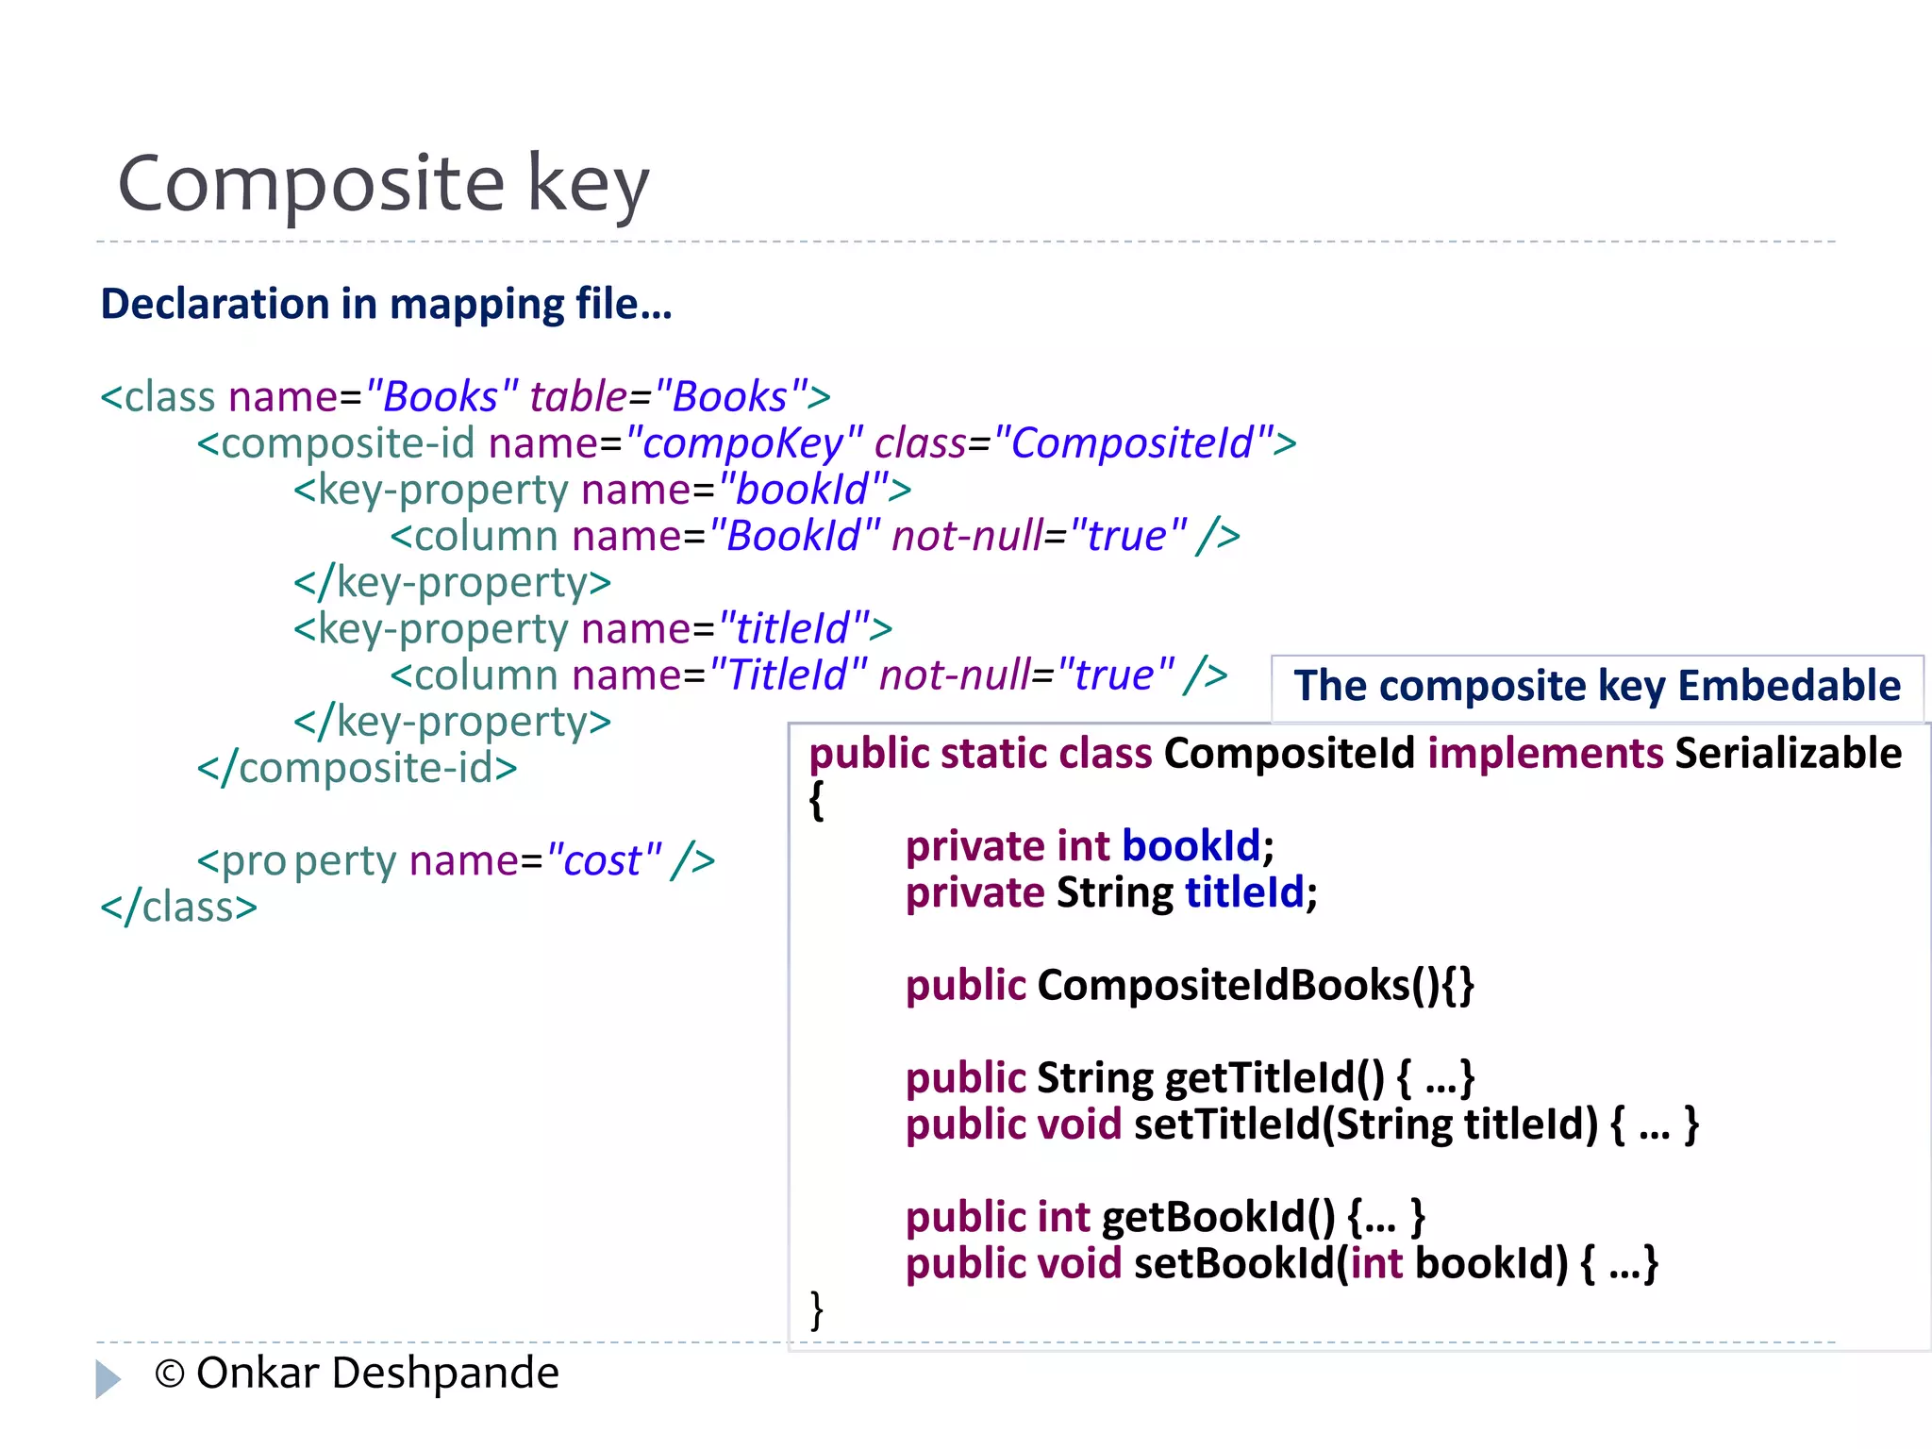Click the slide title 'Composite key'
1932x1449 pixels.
pyautogui.click(x=383, y=183)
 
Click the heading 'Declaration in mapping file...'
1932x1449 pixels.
pyautogui.click(x=386, y=304)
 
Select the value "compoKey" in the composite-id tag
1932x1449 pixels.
pyautogui.click(x=744, y=442)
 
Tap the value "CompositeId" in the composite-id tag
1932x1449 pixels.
pyautogui.click(x=1133, y=442)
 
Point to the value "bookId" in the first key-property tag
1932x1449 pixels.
pyautogui.click(x=803, y=489)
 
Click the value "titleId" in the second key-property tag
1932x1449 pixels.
pyautogui.click(x=793, y=628)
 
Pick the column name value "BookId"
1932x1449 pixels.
pyautogui.click(x=794, y=536)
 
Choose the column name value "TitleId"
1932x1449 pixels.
pyautogui.click(x=788, y=675)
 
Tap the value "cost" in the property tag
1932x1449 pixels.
pyautogui.click(x=603, y=860)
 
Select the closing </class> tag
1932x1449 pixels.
pyautogui.click(x=178, y=907)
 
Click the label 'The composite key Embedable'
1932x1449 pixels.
pyautogui.click(x=1596, y=686)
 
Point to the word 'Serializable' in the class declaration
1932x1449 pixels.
pyautogui.click(x=1788, y=754)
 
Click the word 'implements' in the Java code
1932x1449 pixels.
pyautogui.click(x=1545, y=754)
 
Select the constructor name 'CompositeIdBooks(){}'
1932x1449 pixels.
pyautogui.click(x=1255, y=985)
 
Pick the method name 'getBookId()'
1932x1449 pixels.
pyautogui.click(x=1218, y=1217)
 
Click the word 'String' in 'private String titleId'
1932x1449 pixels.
pyautogui.click(x=1114, y=892)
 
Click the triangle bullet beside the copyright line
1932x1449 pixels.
pyautogui.click(x=108, y=1378)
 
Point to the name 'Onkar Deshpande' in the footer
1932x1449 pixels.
pyautogui.click(x=377, y=1373)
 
